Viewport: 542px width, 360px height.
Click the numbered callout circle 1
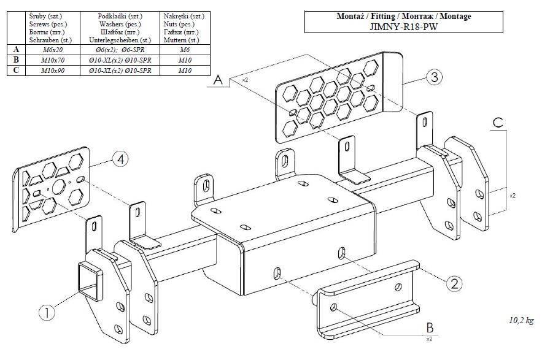(x=48, y=312)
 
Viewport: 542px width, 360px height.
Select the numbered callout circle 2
(x=454, y=283)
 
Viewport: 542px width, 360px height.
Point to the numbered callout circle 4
(x=121, y=159)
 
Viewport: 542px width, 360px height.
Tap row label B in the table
(x=15, y=60)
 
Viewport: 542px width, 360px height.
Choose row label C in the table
(x=15, y=71)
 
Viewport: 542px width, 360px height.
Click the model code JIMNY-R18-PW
(x=404, y=26)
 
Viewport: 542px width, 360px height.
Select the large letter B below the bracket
(x=430, y=327)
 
